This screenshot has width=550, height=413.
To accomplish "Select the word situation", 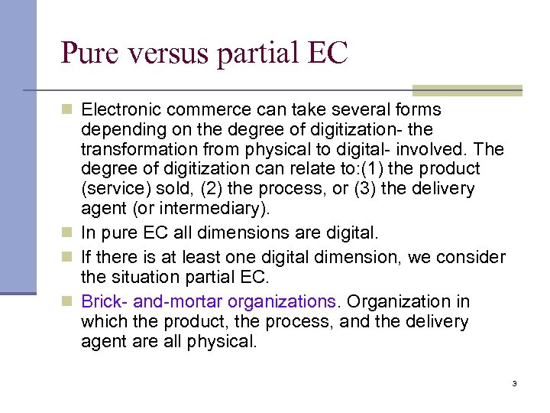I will coord(151,278).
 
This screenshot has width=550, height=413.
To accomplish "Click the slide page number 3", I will coord(515,383).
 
